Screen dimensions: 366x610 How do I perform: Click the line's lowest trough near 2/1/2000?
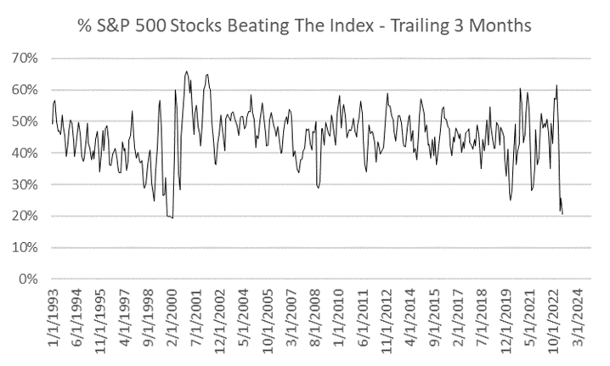pos(171,218)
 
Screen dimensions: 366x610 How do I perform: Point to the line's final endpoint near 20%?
pos(562,214)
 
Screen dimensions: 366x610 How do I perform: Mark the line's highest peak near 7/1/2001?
pos(186,72)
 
